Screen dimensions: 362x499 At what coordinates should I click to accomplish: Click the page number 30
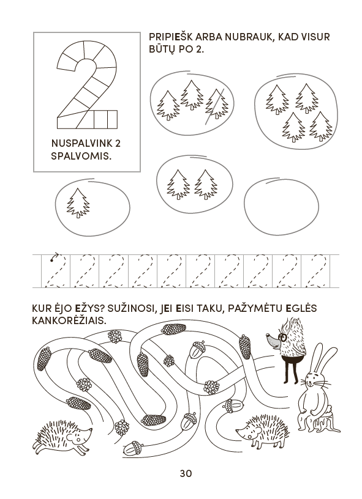point(186,473)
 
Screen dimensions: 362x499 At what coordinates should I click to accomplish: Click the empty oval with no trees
point(281,206)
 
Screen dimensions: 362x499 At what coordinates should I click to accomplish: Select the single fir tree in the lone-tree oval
point(78,203)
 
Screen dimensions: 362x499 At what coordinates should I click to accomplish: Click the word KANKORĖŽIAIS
point(69,320)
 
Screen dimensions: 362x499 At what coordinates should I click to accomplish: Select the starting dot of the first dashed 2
point(51,261)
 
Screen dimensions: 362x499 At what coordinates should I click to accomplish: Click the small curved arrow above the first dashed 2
point(55,255)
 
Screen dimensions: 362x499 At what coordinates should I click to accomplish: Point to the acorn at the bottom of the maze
point(132,448)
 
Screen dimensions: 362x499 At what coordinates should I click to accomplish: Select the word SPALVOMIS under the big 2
point(81,157)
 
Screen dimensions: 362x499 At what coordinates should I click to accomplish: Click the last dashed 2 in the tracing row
point(315,272)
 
